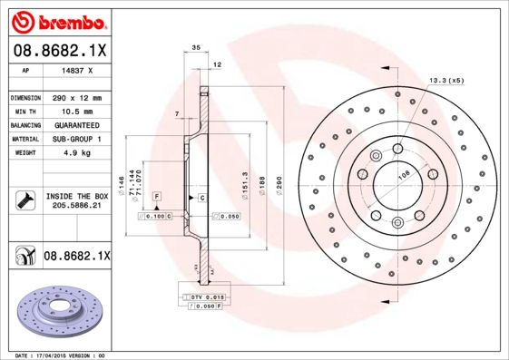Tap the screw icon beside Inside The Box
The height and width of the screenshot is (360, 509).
tap(24, 200)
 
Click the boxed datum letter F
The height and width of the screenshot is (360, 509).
tap(158, 197)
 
